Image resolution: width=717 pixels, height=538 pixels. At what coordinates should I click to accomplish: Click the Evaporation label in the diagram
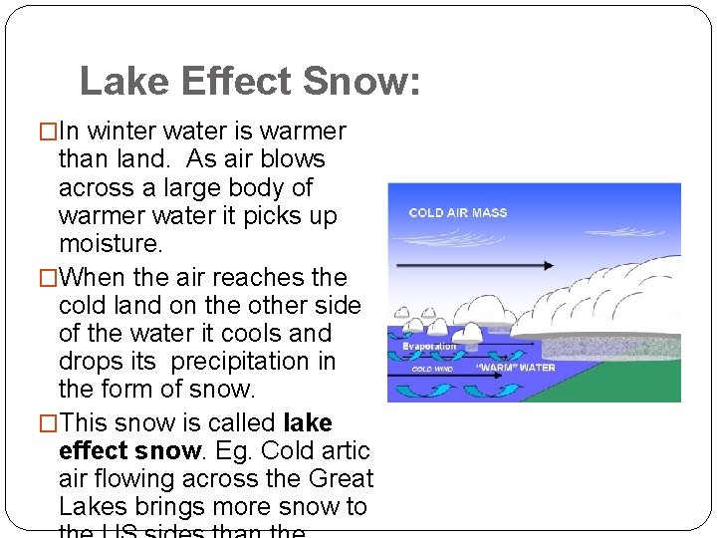tap(429, 347)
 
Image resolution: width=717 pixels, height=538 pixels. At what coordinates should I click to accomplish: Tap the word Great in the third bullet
tap(340, 478)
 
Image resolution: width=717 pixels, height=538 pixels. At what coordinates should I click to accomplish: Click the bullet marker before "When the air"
tap(43, 278)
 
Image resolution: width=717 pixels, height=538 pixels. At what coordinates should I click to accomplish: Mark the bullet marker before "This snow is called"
tap(43, 423)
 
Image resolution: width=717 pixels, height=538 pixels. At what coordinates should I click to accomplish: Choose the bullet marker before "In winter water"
tap(43, 132)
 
